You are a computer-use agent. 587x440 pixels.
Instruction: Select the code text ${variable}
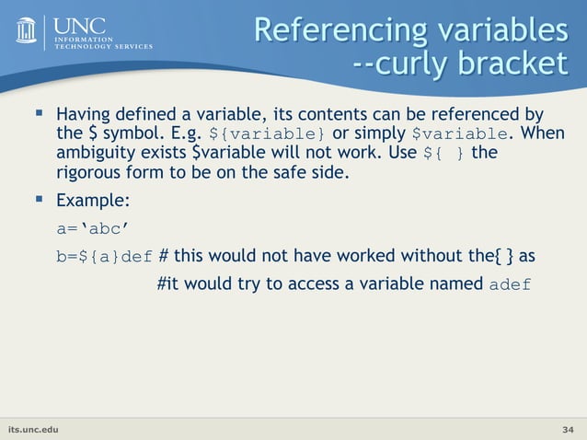(x=268, y=135)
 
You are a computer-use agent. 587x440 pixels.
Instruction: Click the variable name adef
(x=509, y=284)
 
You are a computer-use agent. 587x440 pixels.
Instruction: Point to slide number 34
(x=568, y=429)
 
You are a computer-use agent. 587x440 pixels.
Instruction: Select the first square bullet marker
(x=39, y=115)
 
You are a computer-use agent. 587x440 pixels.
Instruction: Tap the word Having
(x=84, y=117)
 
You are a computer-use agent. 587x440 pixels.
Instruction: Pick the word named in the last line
(x=451, y=283)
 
